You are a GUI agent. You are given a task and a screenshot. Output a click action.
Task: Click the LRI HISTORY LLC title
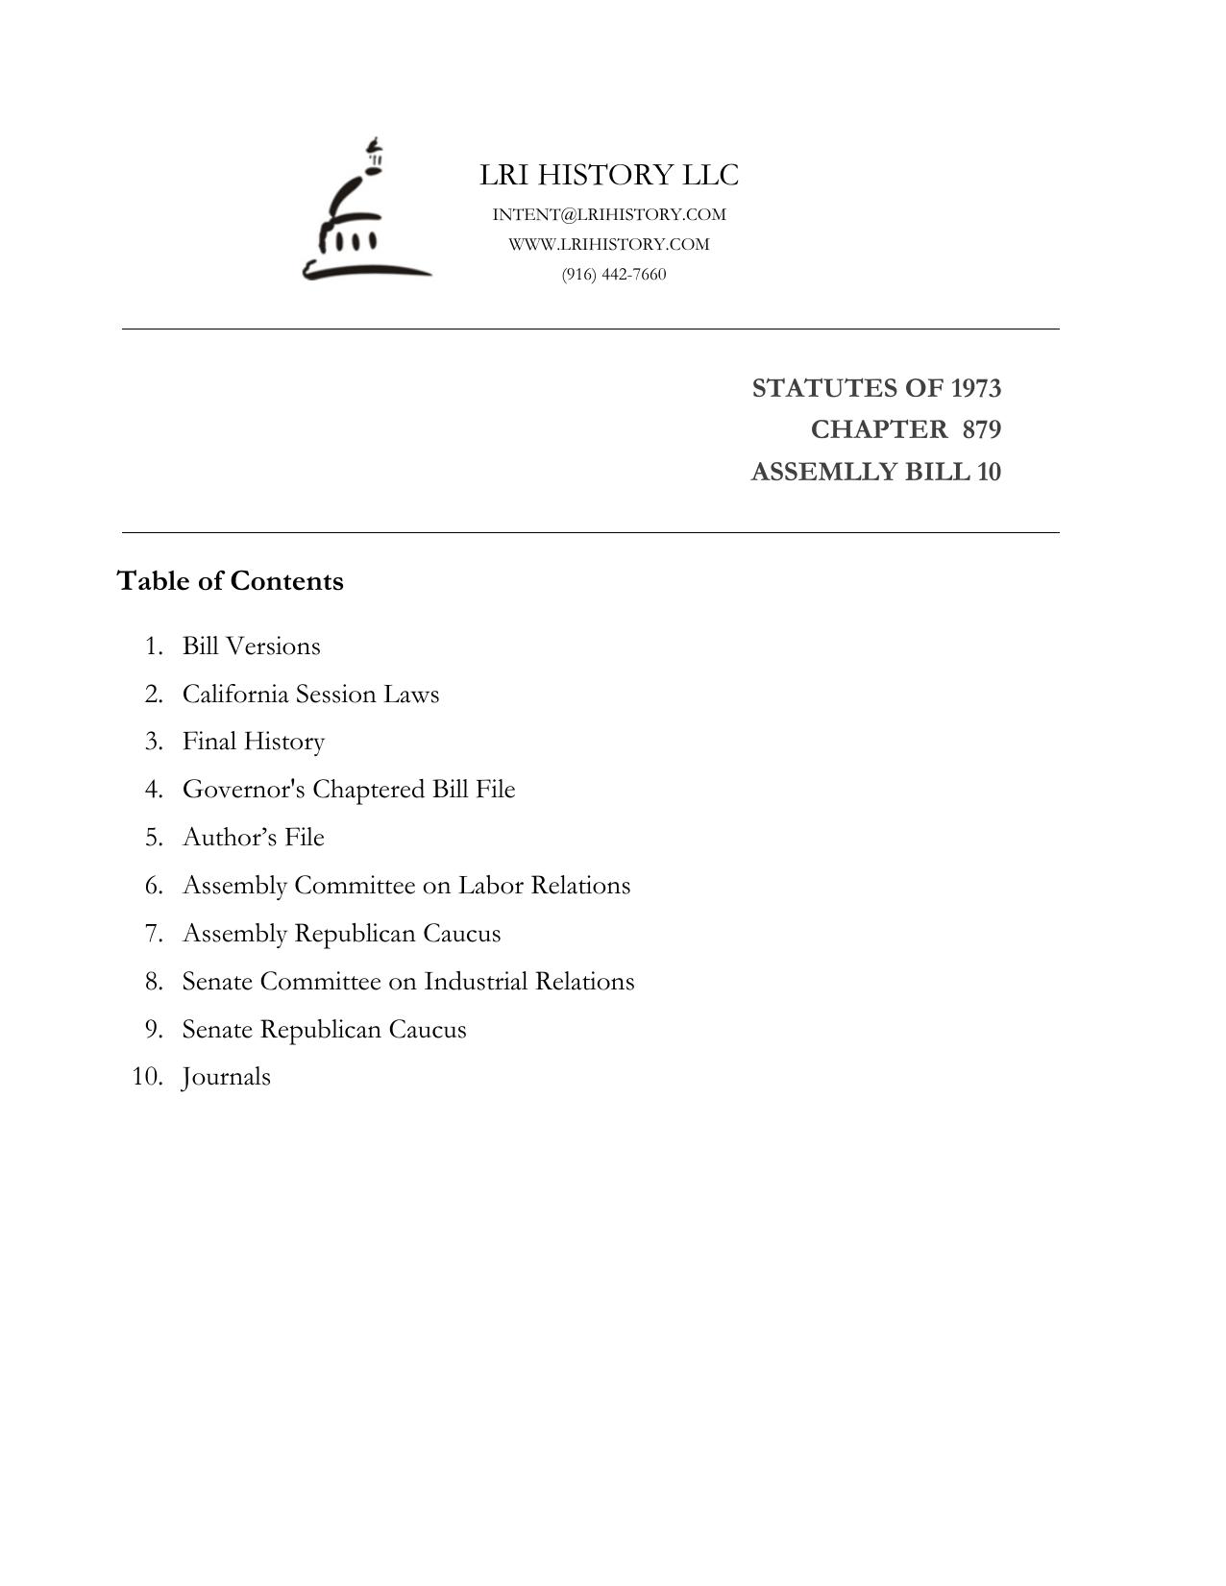click(x=609, y=175)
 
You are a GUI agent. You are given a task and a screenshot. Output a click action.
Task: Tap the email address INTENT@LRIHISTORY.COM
click(x=609, y=214)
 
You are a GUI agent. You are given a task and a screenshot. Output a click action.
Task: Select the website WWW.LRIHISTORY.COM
click(x=609, y=244)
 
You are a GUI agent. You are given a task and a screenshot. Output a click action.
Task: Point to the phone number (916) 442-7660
click(x=614, y=274)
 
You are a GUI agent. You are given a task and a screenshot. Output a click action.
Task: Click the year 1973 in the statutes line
click(x=975, y=388)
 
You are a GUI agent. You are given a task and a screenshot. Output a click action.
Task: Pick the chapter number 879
click(x=981, y=429)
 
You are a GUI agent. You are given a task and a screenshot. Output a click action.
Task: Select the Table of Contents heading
click(x=231, y=581)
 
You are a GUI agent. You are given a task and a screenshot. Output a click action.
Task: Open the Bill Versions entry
click(x=252, y=646)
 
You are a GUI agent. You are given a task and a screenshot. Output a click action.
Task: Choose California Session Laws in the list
click(x=310, y=694)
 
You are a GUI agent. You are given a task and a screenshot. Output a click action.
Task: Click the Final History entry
click(x=254, y=742)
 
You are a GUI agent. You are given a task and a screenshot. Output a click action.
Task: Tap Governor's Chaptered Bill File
click(x=349, y=790)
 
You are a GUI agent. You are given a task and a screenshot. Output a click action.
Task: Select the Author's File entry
click(x=254, y=838)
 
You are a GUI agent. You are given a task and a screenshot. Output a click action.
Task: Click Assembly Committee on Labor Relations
click(x=406, y=886)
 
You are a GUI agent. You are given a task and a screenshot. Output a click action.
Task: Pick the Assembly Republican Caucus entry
click(x=341, y=934)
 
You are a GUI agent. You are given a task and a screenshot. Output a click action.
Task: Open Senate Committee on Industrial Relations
click(x=408, y=982)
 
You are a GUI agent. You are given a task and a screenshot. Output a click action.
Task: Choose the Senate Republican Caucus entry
click(x=324, y=1030)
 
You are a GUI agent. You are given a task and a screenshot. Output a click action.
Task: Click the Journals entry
click(x=227, y=1077)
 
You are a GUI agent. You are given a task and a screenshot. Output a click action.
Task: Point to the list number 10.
click(x=147, y=1077)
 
